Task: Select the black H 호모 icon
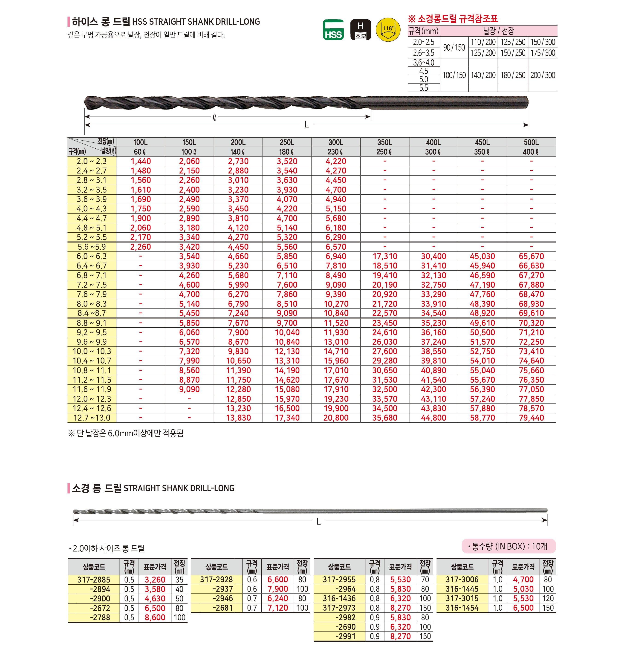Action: click(361, 30)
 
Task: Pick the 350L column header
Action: click(384, 142)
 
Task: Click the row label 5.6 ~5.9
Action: click(92, 247)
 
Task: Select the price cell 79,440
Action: click(531, 418)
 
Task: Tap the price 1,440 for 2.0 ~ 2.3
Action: click(140, 161)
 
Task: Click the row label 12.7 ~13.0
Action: click(92, 418)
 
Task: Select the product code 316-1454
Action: click(462, 608)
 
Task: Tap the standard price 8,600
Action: click(155, 618)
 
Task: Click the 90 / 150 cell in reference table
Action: click(454, 48)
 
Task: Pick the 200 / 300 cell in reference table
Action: click(543, 75)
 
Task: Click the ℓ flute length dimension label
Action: click(214, 117)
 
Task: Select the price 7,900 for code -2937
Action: click(278, 589)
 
